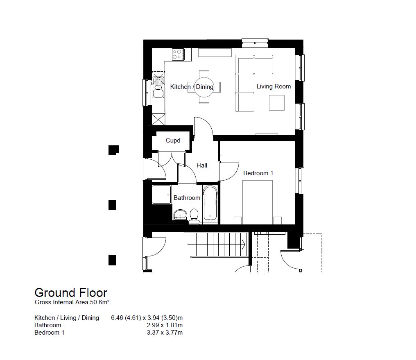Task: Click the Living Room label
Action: point(274,86)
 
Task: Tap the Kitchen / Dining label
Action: point(192,87)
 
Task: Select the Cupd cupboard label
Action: point(173,140)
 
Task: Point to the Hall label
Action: point(202,165)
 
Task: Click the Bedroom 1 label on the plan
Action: point(258,173)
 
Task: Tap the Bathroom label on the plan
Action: point(187,198)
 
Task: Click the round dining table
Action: point(204,87)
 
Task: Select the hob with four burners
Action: point(178,54)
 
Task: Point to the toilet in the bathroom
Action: point(194,216)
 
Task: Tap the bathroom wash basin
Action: point(181,215)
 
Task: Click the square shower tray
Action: point(162,195)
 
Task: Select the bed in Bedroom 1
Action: point(258,202)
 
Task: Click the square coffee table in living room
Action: point(277,103)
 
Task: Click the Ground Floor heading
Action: point(71,293)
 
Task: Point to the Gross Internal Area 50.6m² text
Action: point(72,302)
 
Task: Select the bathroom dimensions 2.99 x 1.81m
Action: point(165,325)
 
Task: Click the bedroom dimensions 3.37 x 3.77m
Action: point(165,333)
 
